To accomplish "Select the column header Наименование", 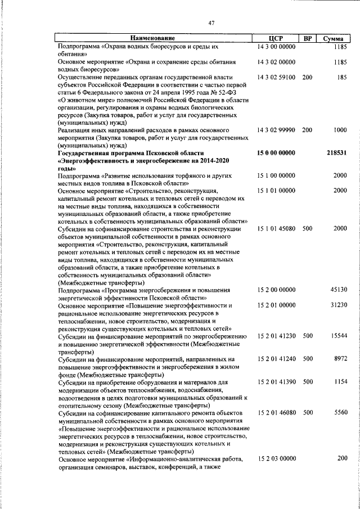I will pyautogui.click(x=150, y=38).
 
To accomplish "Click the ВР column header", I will pyautogui.click(x=307, y=38).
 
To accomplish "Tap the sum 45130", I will pyautogui.click(x=337, y=290).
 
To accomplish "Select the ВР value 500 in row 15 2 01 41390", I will pyautogui.click(x=308, y=381).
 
